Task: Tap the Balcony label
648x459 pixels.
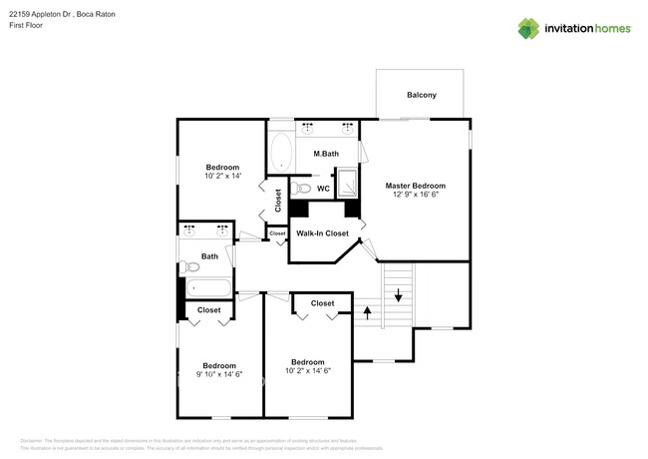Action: point(421,96)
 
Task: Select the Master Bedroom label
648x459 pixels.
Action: point(415,186)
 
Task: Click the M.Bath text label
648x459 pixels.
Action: point(326,154)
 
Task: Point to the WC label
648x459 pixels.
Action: point(323,188)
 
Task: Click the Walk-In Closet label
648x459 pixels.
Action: point(322,233)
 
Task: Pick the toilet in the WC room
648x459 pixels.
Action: point(304,188)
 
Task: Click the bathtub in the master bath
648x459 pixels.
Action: point(280,153)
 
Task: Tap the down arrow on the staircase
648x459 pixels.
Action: point(398,294)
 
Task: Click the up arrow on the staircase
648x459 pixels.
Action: point(367,313)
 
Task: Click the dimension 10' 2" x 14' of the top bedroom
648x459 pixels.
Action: point(222,177)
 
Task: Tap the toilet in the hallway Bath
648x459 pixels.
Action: point(189,266)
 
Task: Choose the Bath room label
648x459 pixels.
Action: point(209,256)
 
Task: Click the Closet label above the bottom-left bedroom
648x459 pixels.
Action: point(208,310)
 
